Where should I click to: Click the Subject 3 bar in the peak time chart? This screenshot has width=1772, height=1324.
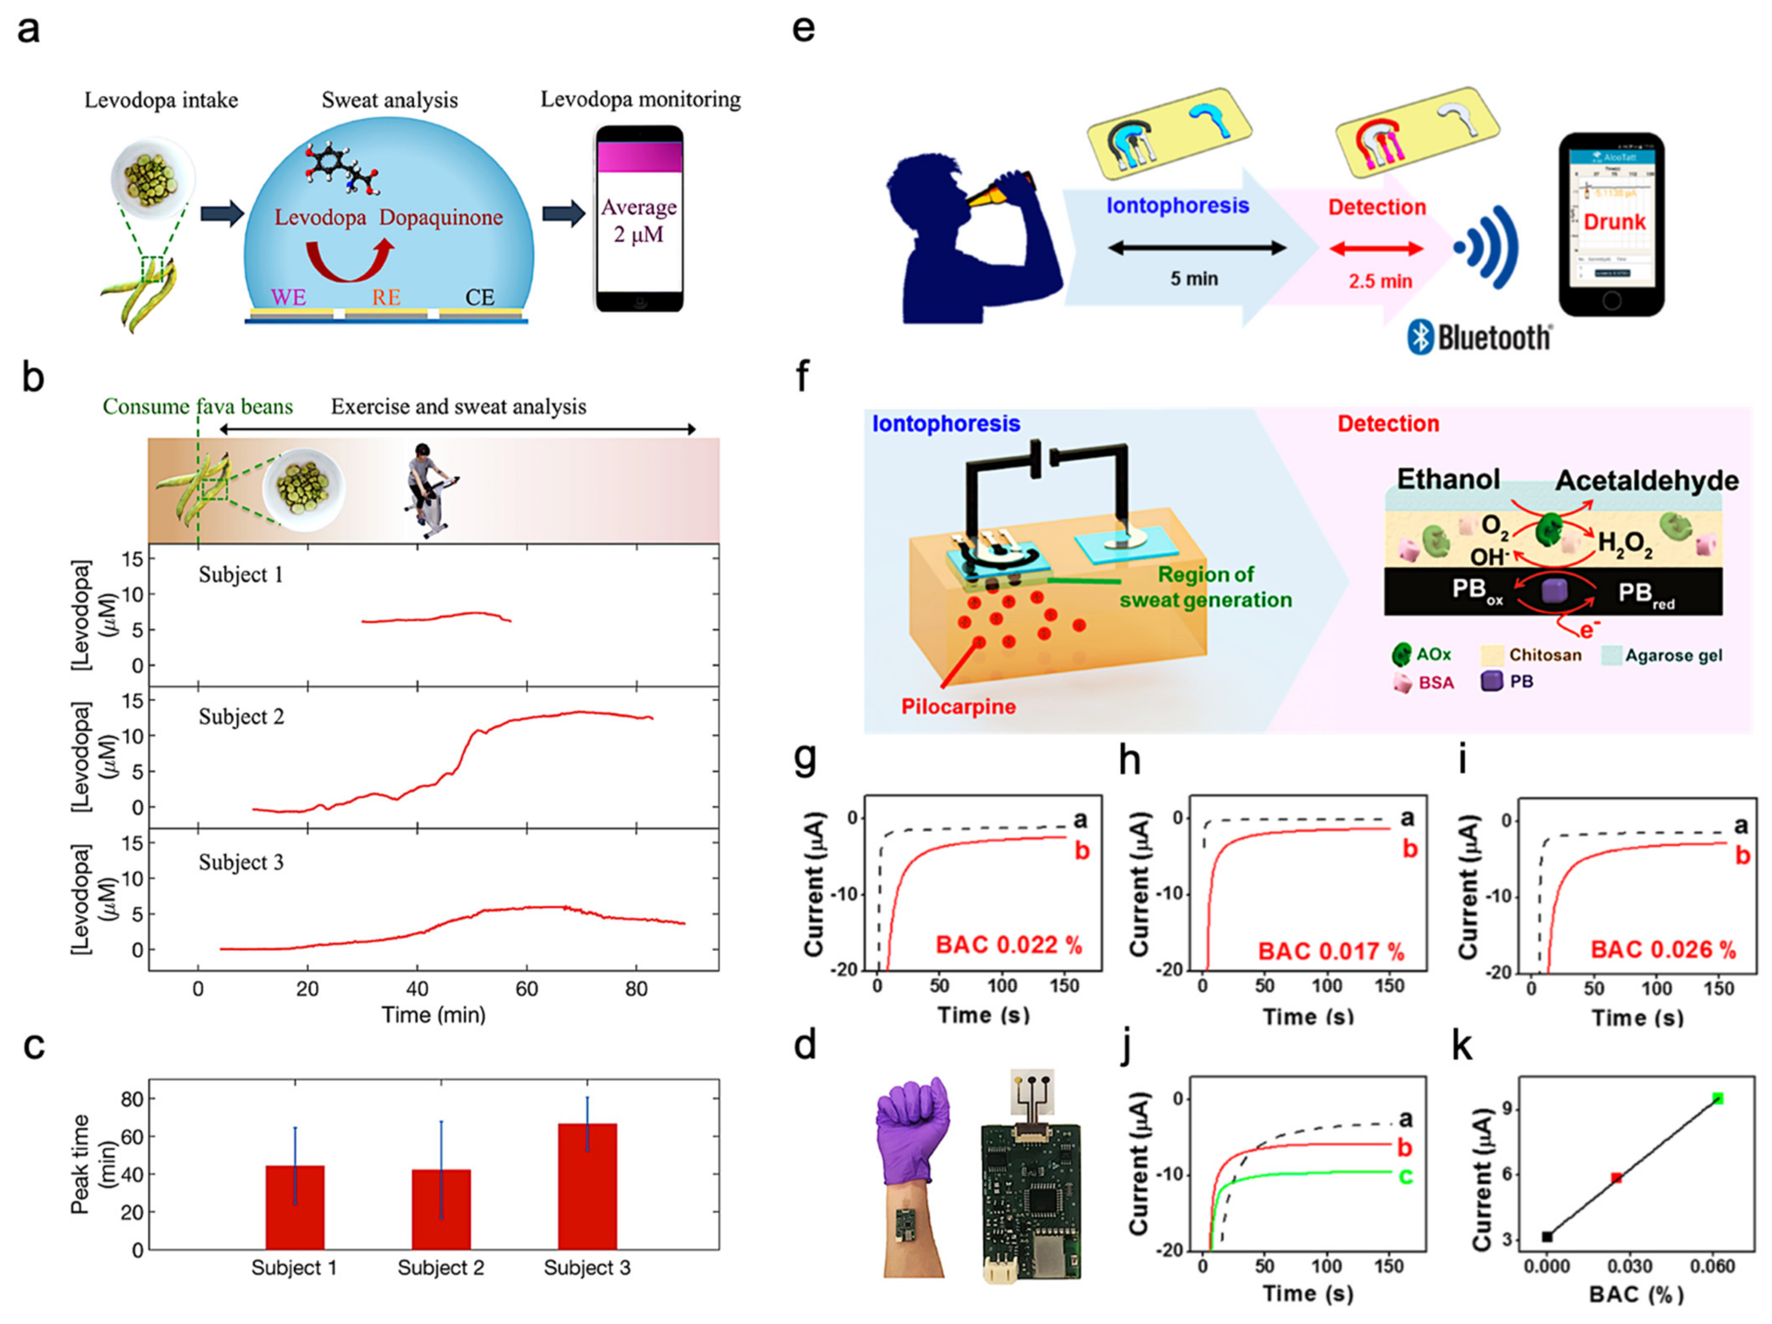click(587, 1186)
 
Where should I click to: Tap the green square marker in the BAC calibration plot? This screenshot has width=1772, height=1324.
click(1717, 1098)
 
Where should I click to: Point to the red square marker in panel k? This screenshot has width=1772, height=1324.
click(1616, 1177)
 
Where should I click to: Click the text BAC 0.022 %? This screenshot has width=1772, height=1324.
click(1009, 945)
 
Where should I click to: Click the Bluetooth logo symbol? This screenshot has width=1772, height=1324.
click(1420, 337)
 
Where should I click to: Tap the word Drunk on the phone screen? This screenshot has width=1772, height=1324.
click(1614, 222)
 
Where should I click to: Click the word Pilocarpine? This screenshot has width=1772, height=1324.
click(958, 706)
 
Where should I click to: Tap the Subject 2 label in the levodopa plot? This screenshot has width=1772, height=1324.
click(241, 716)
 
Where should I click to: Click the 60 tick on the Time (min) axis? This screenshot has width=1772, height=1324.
click(526, 989)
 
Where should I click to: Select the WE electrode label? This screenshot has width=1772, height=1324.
click(288, 297)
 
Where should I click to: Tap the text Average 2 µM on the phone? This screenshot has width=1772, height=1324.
click(639, 220)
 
